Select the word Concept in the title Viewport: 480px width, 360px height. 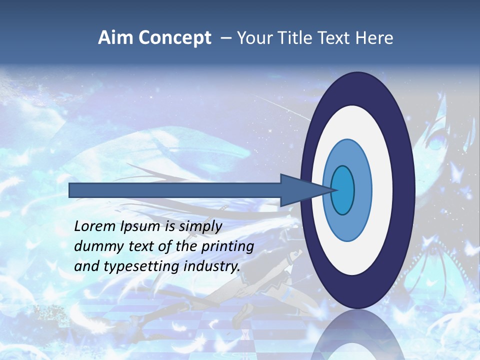(175, 38)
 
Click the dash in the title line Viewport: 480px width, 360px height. (225, 38)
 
